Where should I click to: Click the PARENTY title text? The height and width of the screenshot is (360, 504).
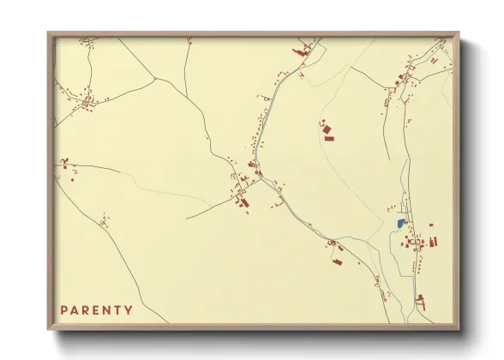click(x=96, y=310)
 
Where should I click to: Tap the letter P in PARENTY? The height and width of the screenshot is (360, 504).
click(x=64, y=310)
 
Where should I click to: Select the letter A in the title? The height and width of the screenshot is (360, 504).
click(x=75, y=310)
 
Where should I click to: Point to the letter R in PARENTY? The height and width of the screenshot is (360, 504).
click(x=86, y=310)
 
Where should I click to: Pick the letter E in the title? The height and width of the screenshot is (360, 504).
click(x=97, y=310)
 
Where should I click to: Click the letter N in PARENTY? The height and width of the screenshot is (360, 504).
click(x=107, y=310)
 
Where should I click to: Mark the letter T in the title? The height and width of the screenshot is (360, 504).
click(x=118, y=310)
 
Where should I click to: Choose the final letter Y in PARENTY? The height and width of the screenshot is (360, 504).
click(x=129, y=310)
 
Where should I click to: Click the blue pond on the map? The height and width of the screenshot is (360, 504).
click(x=400, y=223)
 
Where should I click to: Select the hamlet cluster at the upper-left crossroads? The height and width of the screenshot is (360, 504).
click(x=86, y=102)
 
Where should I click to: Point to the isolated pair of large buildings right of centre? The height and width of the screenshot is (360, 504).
click(x=327, y=132)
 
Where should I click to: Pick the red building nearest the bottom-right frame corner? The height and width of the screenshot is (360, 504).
click(x=420, y=301)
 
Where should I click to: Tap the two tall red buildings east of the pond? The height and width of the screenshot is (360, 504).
click(x=432, y=241)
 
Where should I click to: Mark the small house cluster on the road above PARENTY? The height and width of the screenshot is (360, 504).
click(x=104, y=222)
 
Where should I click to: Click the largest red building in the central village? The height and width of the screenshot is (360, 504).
click(x=243, y=203)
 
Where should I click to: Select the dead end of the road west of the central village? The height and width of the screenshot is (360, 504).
click(x=187, y=218)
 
